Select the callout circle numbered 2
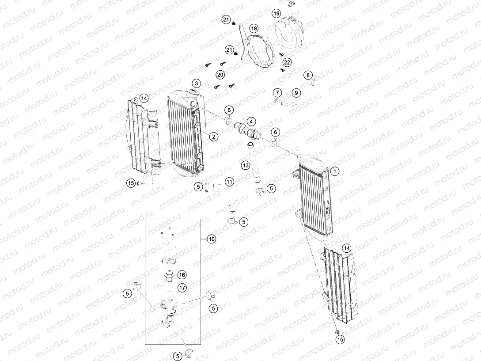coord(213,137)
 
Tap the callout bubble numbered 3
coord(196,83)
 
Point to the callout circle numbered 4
coord(251,121)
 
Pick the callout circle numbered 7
coord(277,93)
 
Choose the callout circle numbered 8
coord(308,75)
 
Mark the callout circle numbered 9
coord(296,93)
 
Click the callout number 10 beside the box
coord(212,239)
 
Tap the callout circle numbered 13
coord(245,165)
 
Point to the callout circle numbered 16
coord(182,274)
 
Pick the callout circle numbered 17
coord(182,288)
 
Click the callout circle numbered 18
coord(254,28)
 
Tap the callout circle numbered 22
coord(287,62)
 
